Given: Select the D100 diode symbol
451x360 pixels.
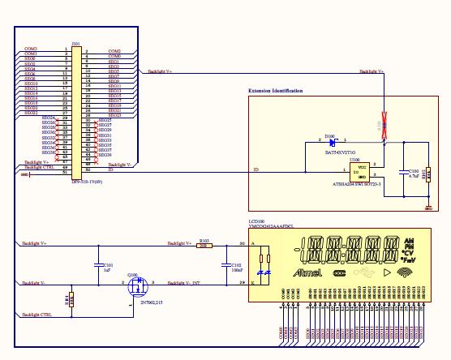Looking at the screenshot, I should coord(333,144).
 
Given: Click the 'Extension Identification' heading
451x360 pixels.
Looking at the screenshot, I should coord(275,91).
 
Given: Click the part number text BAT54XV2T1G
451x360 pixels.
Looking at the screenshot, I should coord(341,152).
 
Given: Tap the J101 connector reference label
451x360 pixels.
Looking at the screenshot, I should coord(75,43).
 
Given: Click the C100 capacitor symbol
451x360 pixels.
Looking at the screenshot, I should coord(404,171).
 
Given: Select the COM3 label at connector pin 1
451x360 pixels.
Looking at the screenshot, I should coord(31,49).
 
